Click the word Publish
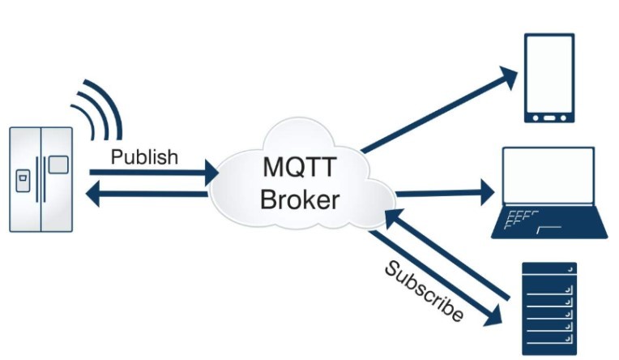143,156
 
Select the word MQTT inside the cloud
301,168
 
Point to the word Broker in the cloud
300,199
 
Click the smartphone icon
549,78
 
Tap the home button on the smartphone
549,116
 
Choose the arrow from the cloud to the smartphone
438,113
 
